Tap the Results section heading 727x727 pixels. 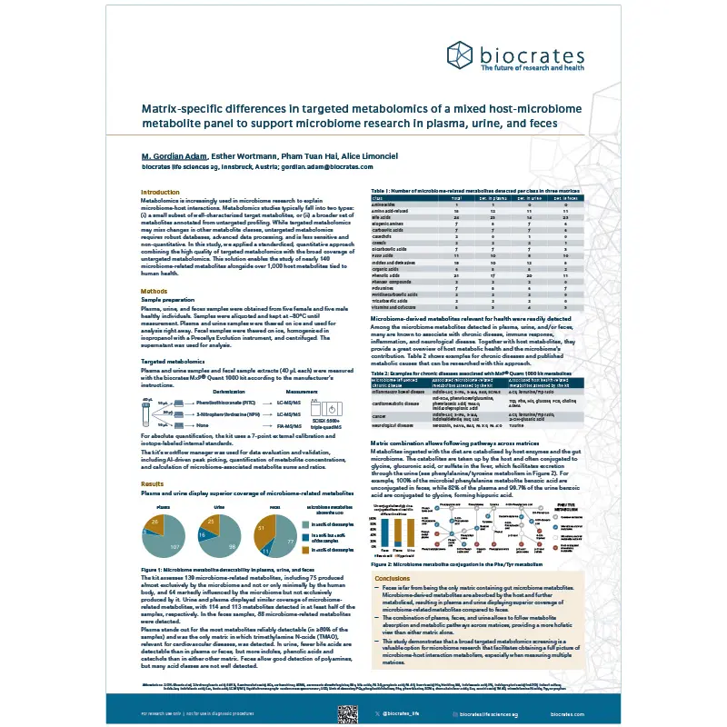[152, 484]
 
